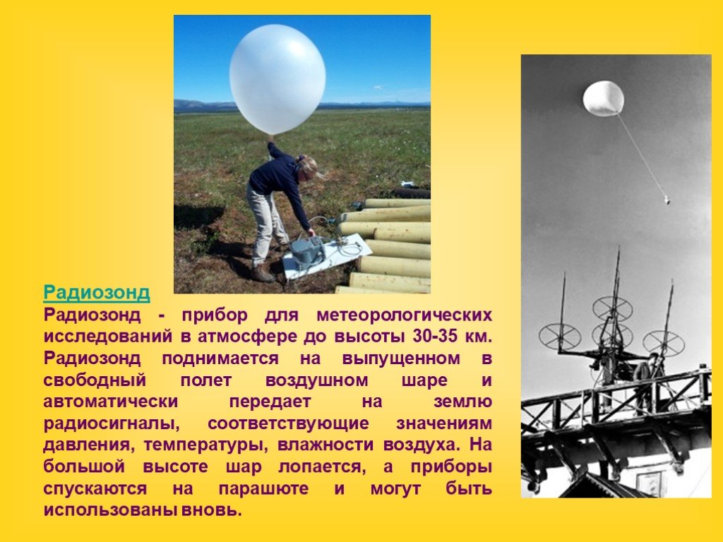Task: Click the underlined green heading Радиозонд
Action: click(x=97, y=293)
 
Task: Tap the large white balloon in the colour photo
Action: click(x=277, y=79)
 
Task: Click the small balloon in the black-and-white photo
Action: click(x=603, y=98)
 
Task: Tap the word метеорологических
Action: click(x=405, y=315)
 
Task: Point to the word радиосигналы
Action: click(x=111, y=423)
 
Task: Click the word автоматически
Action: click(x=111, y=402)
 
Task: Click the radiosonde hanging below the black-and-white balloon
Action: click(x=667, y=200)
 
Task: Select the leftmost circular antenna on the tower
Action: click(x=559, y=337)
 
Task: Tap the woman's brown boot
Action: click(x=261, y=275)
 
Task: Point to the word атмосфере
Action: click(x=247, y=337)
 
